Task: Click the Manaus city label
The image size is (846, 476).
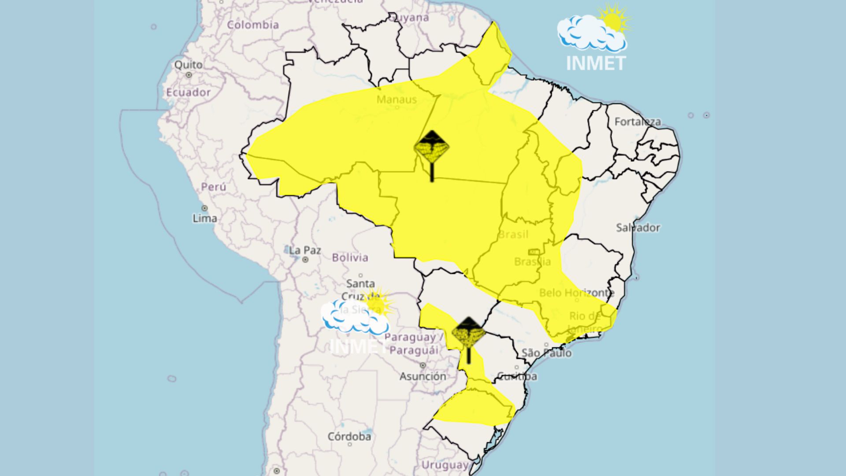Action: click(x=397, y=100)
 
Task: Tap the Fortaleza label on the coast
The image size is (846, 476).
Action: click(x=638, y=122)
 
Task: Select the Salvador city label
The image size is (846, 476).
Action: click(x=638, y=228)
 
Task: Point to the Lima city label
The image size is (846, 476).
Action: click(x=205, y=218)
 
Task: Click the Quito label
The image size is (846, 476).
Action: click(x=189, y=65)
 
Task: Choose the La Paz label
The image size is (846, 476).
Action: click(x=305, y=250)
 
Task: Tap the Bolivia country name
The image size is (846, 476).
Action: click(x=350, y=257)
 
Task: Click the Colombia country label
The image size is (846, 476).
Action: click(x=253, y=25)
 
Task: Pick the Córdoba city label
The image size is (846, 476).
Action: click(x=349, y=437)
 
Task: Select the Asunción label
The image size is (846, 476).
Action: click(x=423, y=376)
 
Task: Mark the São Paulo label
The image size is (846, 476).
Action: click(x=546, y=353)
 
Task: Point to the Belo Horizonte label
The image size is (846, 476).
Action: click(x=576, y=293)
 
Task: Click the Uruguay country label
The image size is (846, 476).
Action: click(x=445, y=465)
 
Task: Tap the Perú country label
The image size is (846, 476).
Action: click(x=214, y=187)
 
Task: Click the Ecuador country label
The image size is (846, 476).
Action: click(x=188, y=93)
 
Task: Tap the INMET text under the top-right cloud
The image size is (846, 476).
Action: click(x=596, y=63)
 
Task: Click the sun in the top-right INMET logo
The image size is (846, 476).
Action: click(x=612, y=20)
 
